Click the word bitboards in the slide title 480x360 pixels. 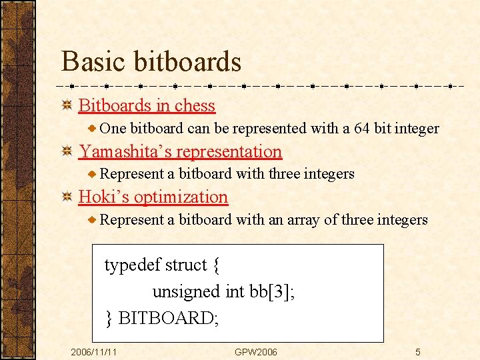pos(187,61)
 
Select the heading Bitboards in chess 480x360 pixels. pos(147,105)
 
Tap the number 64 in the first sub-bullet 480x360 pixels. pos(362,128)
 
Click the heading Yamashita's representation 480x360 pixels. pos(180,151)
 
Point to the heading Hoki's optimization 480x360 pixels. pos(153,197)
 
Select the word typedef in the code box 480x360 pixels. pos(132,265)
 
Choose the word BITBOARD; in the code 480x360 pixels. pos(168,318)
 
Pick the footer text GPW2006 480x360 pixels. pos(255,351)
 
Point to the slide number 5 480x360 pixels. pos(417,351)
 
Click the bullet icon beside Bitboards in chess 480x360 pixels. pos(67,105)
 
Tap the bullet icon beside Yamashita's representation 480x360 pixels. pos(67,151)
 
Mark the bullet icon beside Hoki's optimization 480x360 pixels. pos(67,197)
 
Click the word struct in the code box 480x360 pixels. pos(185,265)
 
